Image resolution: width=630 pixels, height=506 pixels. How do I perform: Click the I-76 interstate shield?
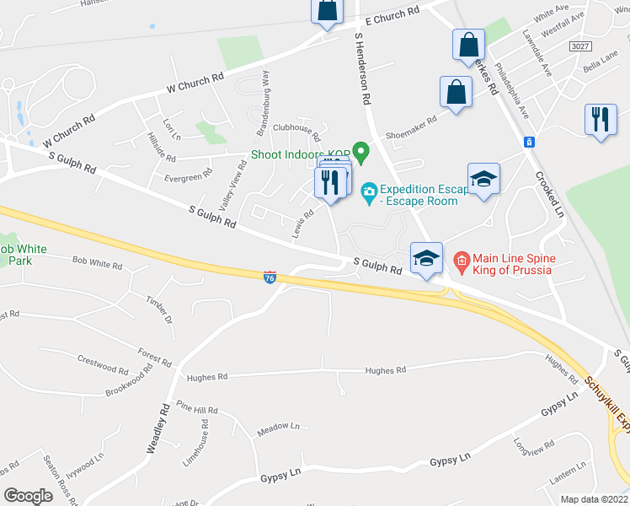point(269,277)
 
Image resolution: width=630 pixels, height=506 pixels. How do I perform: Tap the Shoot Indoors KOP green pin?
point(362,153)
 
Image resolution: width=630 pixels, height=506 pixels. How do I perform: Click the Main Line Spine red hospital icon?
point(461,259)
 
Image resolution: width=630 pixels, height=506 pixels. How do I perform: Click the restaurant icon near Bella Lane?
point(601,119)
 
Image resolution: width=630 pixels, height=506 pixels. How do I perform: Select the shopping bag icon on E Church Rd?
point(327,11)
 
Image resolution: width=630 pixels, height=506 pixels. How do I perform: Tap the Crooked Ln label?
point(549,196)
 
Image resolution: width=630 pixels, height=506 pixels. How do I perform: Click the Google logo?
point(29,496)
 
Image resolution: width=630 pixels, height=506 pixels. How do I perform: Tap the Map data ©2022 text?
point(594,499)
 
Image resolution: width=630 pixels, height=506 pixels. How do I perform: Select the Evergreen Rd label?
point(188,177)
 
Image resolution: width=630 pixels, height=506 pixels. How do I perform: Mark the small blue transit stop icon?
point(529,142)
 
